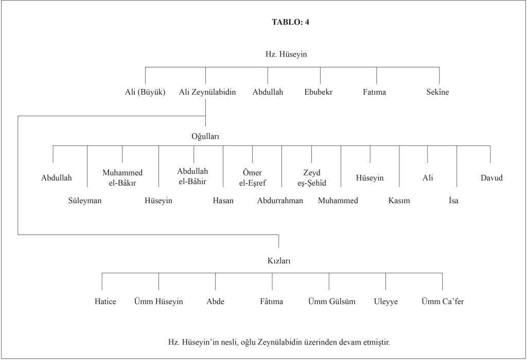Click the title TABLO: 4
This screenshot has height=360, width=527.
click(290, 22)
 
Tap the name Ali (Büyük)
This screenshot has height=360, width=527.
click(145, 93)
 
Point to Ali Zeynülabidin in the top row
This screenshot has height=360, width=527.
click(207, 93)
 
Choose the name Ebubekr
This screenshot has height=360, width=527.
click(319, 93)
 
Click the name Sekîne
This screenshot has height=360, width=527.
click(437, 93)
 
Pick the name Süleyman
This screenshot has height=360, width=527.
click(85, 201)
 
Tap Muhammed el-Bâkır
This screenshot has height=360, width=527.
click(122, 177)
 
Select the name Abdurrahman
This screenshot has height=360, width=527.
click(280, 201)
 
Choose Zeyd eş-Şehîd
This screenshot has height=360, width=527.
click(312, 177)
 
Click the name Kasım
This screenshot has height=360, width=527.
click(399, 201)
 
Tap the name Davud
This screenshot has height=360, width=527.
click(491, 178)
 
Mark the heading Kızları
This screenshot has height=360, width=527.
click(278, 261)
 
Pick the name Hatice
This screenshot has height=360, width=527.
click(105, 301)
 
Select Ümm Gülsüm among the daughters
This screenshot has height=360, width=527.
click(331, 301)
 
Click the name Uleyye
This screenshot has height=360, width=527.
click(386, 301)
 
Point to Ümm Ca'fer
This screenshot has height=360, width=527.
click(443, 301)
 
